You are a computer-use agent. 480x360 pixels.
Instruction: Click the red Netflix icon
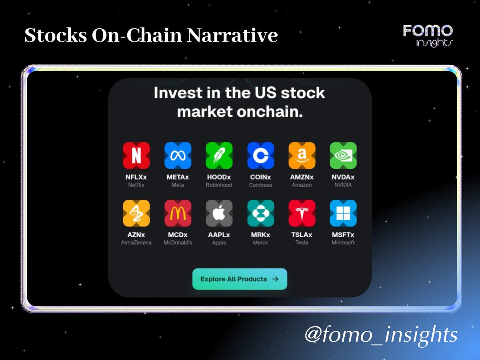(136, 156)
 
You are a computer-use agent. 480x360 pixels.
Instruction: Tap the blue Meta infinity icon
(178, 156)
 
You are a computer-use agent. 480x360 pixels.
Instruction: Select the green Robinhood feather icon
(219, 156)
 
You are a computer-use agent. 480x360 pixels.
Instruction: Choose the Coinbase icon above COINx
(260, 156)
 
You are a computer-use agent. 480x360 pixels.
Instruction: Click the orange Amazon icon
(302, 156)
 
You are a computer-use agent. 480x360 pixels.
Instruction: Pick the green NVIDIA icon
(343, 156)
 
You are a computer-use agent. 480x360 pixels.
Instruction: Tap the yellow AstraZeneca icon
(136, 213)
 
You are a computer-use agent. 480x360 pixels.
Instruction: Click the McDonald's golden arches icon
(178, 213)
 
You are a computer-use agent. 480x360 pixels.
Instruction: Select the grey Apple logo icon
(219, 213)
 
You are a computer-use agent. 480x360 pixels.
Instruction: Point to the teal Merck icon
(260, 213)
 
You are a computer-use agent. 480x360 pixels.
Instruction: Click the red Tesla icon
(302, 213)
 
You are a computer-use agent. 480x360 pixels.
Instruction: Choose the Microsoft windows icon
(343, 213)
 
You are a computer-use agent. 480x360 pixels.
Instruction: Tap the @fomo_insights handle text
(381, 334)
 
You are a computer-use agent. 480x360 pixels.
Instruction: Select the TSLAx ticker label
(302, 235)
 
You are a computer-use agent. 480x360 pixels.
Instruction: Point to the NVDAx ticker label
(343, 177)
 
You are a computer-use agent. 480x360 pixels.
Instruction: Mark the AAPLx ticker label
(219, 235)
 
